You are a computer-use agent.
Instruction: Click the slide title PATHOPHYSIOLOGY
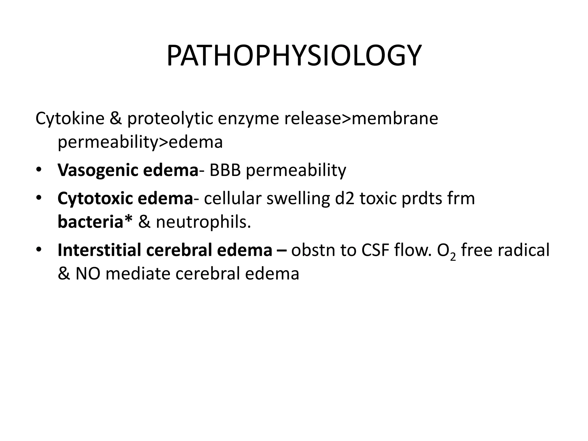pos(294,56)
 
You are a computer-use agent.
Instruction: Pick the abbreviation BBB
pos(225,170)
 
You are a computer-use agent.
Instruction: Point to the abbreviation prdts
pos(421,198)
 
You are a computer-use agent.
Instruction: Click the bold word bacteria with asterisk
pos(95,222)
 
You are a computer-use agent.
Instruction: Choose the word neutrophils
pos(203,222)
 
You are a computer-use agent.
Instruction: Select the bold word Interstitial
pos(99,250)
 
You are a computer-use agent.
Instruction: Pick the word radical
pos(523,250)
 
